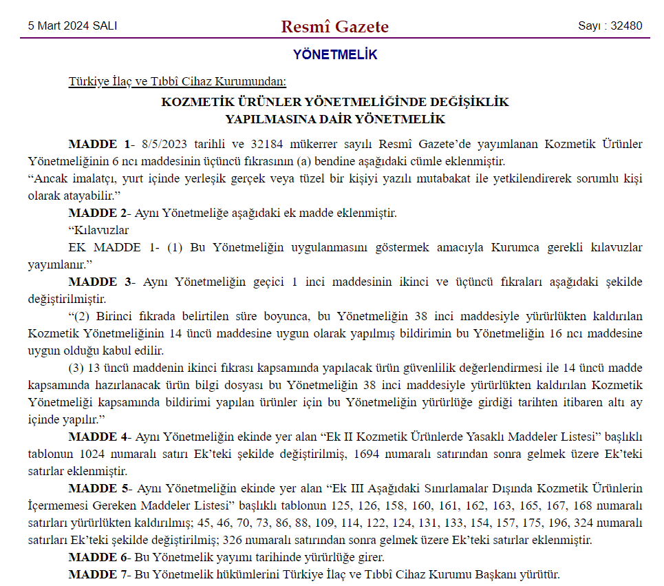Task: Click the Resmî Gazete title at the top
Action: click(334, 27)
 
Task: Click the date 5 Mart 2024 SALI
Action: click(72, 26)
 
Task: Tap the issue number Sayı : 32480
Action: click(610, 26)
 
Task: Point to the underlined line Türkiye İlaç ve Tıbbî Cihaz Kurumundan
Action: click(177, 82)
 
